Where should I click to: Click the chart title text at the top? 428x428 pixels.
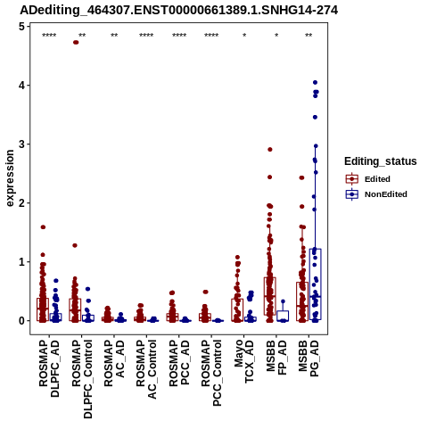[x=179, y=11]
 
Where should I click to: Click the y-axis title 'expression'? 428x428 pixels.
[x=10, y=178]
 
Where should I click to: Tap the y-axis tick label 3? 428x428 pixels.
[x=21, y=144]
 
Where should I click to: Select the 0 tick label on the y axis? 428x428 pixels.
[x=21, y=321]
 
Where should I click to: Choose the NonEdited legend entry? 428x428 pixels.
[x=376, y=194]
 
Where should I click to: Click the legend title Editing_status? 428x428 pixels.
[x=381, y=161]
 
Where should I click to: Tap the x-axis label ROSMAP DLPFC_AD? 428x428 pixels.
[x=49, y=368]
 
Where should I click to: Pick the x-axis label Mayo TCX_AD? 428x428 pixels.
[x=244, y=361]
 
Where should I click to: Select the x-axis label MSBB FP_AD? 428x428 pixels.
[x=276, y=358]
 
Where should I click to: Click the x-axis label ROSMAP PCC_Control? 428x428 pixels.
[x=211, y=373]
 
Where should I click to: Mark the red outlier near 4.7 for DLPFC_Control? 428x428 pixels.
[x=76, y=43]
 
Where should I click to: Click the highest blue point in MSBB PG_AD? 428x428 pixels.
[x=315, y=82]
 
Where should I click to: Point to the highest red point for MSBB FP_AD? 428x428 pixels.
[x=270, y=150]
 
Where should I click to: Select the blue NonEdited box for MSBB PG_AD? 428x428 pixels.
[x=315, y=284]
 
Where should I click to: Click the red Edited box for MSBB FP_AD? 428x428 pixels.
[x=270, y=296]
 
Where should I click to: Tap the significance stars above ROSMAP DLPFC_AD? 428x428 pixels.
[x=49, y=36]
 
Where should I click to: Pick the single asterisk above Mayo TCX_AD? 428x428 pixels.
[x=244, y=36]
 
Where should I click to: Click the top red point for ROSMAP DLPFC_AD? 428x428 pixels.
[x=43, y=227]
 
